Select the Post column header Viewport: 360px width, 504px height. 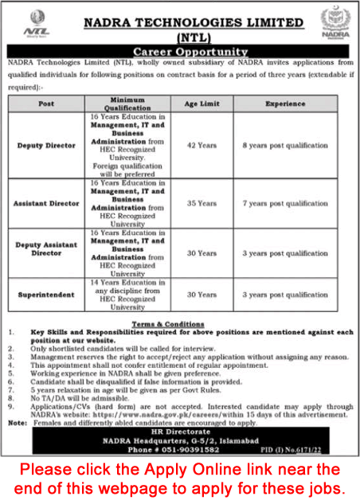pos(46,104)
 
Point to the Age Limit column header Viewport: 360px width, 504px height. pos(202,104)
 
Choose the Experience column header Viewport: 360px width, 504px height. pos(286,104)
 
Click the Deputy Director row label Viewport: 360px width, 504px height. pos(46,146)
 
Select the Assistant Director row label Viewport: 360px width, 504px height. pos(47,203)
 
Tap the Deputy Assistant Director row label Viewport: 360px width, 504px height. pos(46,253)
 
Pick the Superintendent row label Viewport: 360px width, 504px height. pos(47,294)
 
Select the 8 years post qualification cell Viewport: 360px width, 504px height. pos(286,146)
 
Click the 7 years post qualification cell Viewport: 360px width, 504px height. pos(286,203)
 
